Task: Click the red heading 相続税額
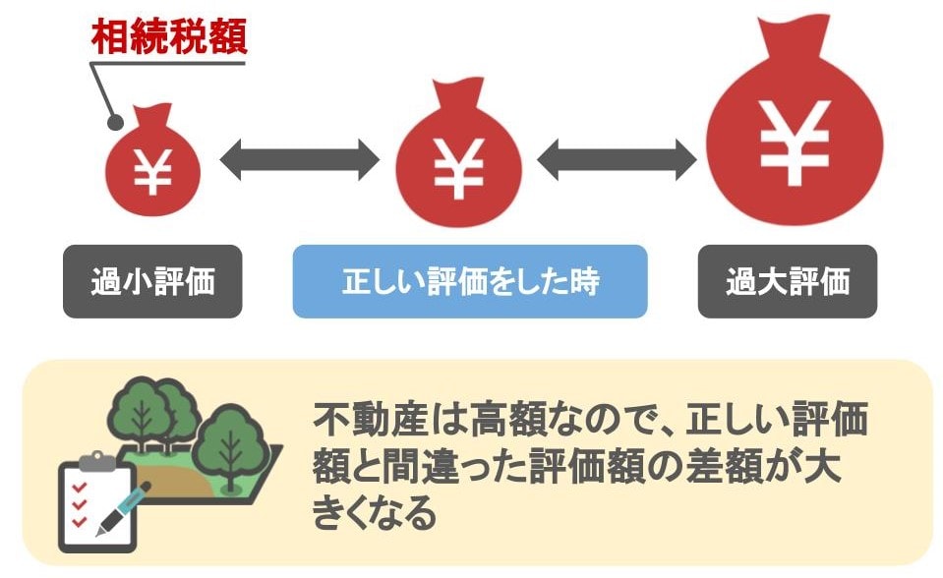pos(169,37)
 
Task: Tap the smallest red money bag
pos(152,162)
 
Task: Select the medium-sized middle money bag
pos(458,155)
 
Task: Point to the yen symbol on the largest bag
pos(795,143)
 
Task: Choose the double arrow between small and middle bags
pos(300,160)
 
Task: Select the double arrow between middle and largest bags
pos(617,160)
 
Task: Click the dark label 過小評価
pos(152,281)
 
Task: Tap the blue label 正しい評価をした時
pos(470,281)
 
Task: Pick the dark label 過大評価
pos(788,281)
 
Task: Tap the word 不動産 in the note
pos(370,419)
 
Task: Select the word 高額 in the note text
pos(508,419)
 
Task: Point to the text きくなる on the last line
pos(374,512)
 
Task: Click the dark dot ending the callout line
pos(115,122)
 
